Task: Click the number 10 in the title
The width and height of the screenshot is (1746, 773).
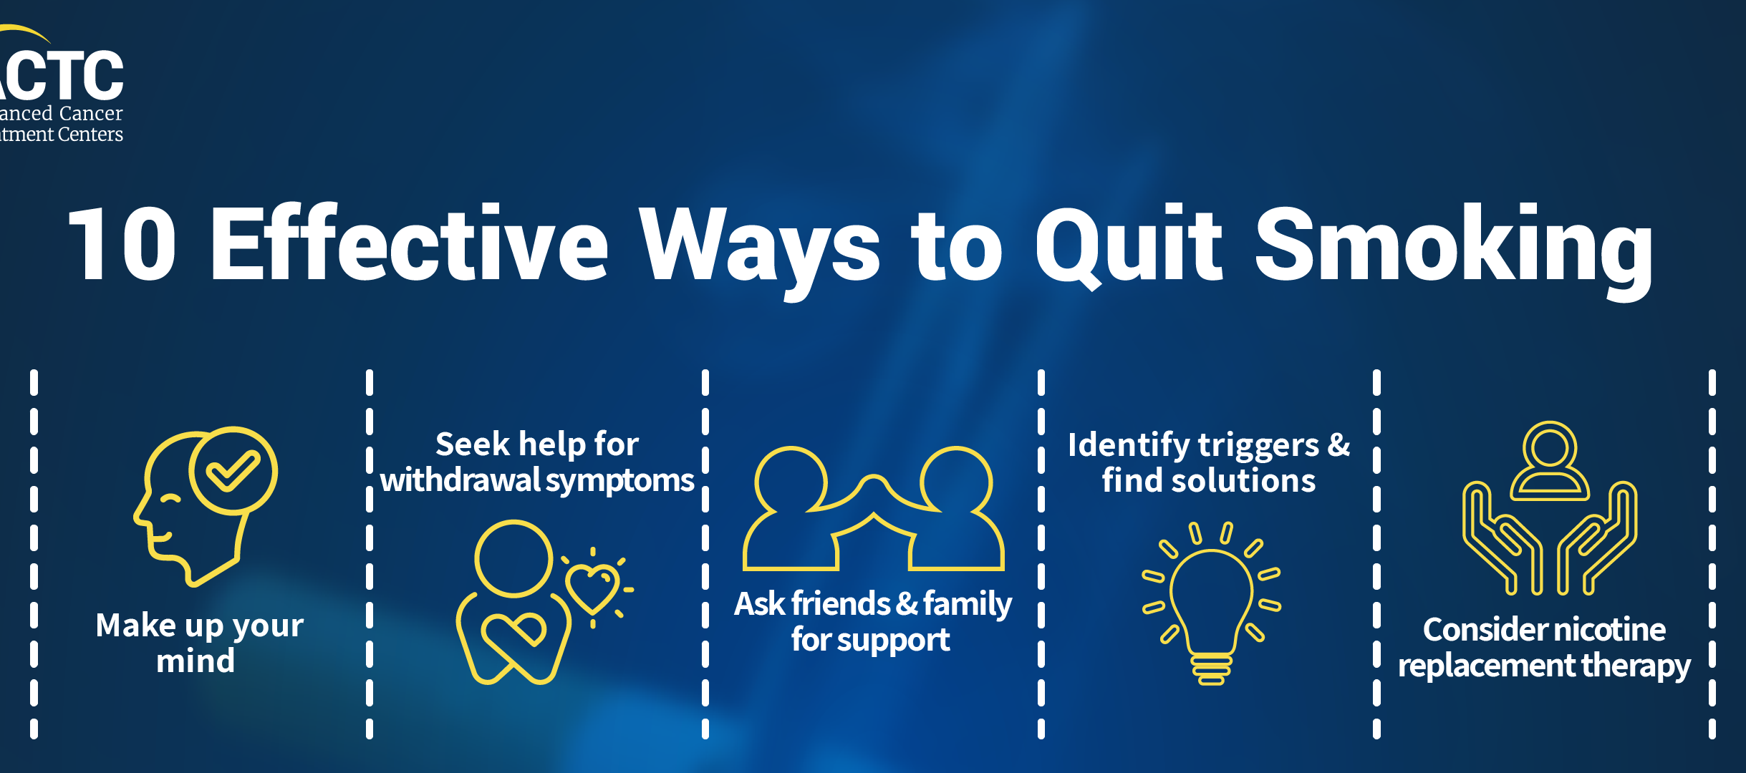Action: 122,243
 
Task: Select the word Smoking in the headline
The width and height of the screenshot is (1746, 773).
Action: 1454,251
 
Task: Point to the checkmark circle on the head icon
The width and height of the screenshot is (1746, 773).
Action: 233,470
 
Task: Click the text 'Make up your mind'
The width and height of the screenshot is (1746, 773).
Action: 199,643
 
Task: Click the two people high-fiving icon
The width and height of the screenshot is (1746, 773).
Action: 873,508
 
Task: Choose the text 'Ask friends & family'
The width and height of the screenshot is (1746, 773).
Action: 873,603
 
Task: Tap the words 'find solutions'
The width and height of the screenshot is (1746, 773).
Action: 1209,480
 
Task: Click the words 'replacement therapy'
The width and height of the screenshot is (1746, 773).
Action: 1544,666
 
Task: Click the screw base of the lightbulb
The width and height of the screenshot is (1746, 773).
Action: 1211,669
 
